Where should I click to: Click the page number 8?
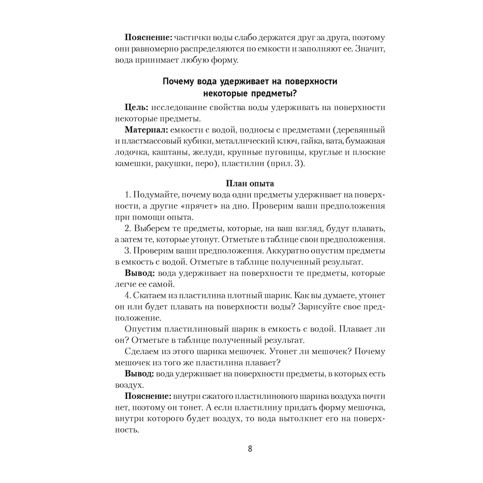(x=250, y=448)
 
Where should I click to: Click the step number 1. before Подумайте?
(x=128, y=194)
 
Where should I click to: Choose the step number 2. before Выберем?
(x=128, y=228)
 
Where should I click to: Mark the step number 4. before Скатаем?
(x=128, y=295)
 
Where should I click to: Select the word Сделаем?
(x=144, y=351)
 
